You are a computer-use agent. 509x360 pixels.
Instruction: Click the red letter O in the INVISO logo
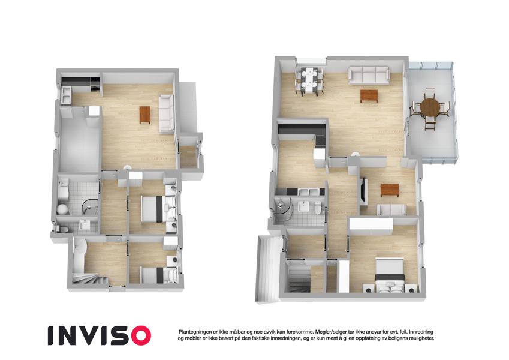(x=138, y=335)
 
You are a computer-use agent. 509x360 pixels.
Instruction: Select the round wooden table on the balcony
(x=430, y=107)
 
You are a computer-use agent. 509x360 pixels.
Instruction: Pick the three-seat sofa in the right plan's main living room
(x=369, y=75)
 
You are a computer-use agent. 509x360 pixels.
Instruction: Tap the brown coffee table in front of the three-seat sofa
(x=369, y=96)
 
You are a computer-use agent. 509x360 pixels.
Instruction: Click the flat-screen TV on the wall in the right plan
(x=363, y=190)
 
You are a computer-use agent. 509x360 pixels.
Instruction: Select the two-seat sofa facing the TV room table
(x=391, y=209)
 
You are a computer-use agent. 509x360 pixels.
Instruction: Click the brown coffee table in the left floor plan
(x=144, y=115)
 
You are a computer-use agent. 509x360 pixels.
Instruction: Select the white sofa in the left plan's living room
(x=167, y=114)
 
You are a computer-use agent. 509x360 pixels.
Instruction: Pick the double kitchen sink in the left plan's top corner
(x=66, y=95)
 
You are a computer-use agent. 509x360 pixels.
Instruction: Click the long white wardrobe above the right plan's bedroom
(x=371, y=226)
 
